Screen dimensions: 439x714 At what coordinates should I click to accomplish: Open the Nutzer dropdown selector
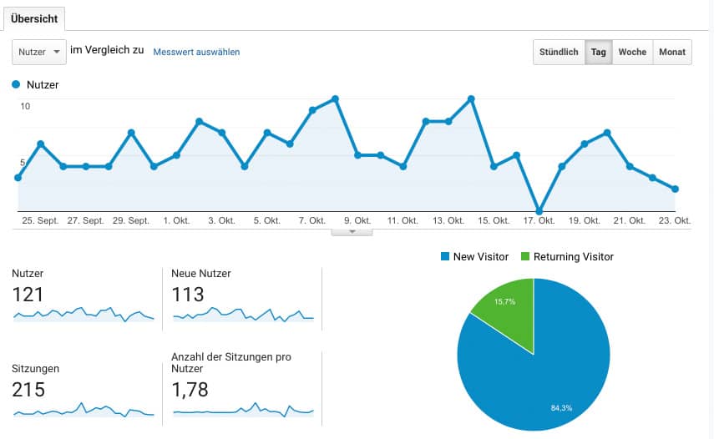click(39, 52)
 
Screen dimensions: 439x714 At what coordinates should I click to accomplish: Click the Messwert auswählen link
click(196, 52)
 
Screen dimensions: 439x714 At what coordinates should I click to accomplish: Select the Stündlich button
click(559, 52)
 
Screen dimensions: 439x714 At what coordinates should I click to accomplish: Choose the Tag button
click(598, 52)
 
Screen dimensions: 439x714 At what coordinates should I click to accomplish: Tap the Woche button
click(632, 52)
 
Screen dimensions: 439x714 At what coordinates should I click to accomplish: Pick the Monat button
click(672, 52)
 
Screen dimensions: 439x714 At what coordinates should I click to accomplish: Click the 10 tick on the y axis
click(26, 106)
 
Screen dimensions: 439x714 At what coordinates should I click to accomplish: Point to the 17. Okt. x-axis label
click(539, 220)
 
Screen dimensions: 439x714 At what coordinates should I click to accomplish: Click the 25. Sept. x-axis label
click(40, 220)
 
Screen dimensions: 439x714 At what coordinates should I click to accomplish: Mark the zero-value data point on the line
click(539, 211)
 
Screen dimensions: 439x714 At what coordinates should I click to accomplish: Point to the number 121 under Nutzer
click(28, 294)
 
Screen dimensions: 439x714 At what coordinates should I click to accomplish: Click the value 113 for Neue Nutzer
click(187, 294)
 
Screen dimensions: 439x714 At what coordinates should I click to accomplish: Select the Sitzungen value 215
click(29, 390)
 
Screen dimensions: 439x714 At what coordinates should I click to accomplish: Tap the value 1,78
click(190, 390)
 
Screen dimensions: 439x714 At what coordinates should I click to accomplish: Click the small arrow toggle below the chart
click(352, 232)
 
